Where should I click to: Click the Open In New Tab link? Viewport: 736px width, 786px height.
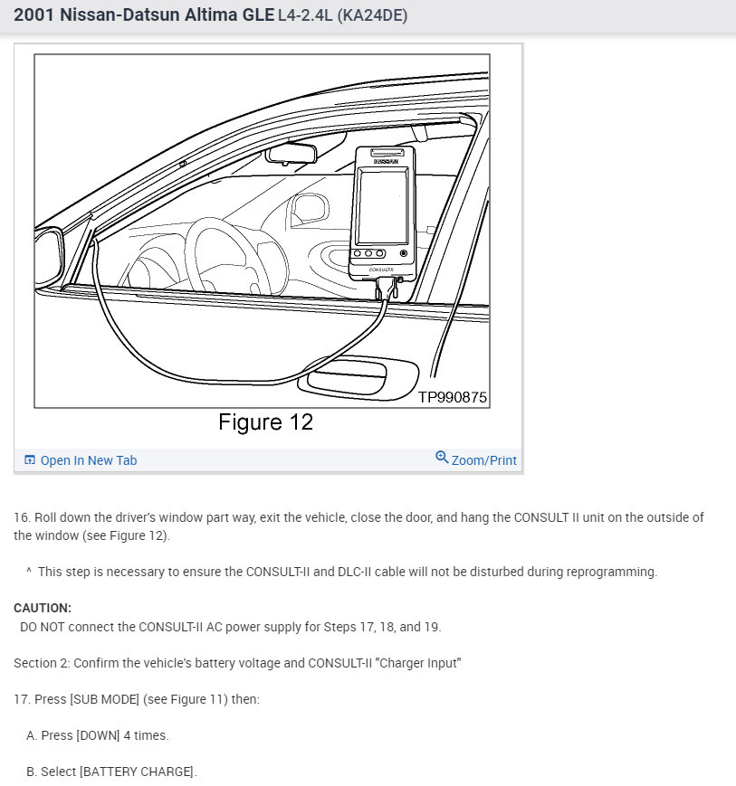88,460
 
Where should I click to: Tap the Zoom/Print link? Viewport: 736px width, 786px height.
483,460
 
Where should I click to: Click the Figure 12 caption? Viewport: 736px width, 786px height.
265,422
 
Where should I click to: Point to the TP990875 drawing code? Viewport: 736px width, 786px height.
452,397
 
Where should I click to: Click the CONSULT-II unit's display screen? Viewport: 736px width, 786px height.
382,205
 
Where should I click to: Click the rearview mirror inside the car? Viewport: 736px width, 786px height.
299,152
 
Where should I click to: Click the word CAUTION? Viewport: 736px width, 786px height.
43,608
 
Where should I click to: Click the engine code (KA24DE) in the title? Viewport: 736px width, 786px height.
375,16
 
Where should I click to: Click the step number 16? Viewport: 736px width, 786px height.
22,517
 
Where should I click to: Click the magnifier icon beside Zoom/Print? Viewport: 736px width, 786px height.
442,458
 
